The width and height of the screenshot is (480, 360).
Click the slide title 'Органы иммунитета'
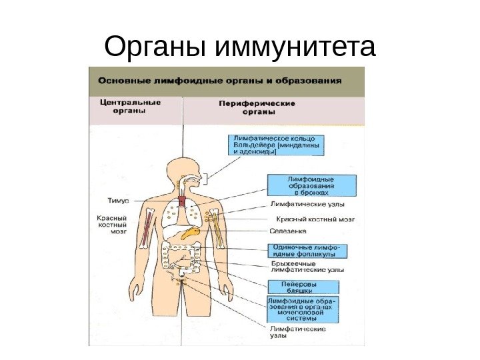pos(240,48)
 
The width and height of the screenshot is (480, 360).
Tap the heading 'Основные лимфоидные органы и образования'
pos(220,80)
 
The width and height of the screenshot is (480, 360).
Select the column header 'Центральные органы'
pos(130,107)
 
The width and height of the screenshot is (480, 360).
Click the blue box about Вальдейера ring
pos(275,143)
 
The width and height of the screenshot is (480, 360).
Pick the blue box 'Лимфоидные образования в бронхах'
pos(311,185)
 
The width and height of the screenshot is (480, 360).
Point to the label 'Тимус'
pos(117,200)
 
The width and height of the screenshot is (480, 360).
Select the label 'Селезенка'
pos(288,231)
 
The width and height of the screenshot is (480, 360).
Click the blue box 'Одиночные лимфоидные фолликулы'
pos(307,250)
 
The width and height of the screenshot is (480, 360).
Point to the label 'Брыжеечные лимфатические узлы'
pos(307,267)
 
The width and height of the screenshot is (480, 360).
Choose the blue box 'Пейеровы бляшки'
pos(302,287)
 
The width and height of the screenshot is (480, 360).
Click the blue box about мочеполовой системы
pos(302,310)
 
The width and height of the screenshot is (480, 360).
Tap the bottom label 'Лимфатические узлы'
pos(297,332)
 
